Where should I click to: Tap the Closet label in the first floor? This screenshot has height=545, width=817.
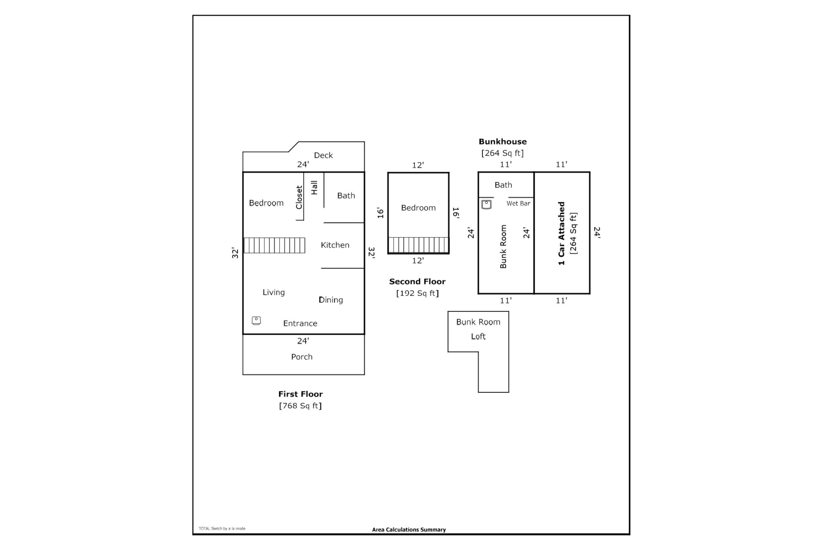pyautogui.click(x=299, y=197)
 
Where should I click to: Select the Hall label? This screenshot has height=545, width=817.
pyautogui.click(x=314, y=187)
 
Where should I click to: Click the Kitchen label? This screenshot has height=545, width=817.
pyautogui.click(x=335, y=245)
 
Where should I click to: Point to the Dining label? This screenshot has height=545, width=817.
pyautogui.click(x=331, y=299)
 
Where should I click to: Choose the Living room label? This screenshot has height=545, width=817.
pyautogui.click(x=274, y=292)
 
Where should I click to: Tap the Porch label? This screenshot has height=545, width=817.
pyautogui.click(x=302, y=357)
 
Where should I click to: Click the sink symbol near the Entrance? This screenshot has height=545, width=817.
pyautogui.click(x=256, y=320)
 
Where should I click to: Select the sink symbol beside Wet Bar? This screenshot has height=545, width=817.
pyautogui.click(x=486, y=204)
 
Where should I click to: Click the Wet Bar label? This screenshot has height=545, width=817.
pyautogui.click(x=518, y=204)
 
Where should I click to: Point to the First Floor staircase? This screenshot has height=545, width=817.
pyautogui.click(x=275, y=246)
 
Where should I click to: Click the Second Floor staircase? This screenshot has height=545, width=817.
pyautogui.click(x=419, y=245)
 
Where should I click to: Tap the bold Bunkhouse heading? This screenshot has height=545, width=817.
pyautogui.click(x=503, y=141)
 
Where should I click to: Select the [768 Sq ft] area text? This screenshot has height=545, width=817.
pyautogui.click(x=300, y=406)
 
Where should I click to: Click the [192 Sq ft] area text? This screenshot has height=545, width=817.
pyautogui.click(x=417, y=293)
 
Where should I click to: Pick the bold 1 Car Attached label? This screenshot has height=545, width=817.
pyautogui.click(x=561, y=233)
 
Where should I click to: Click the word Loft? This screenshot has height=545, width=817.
pyautogui.click(x=478, y=337)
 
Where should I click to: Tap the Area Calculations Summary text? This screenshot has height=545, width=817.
pyautogui.click(x=409, y=530)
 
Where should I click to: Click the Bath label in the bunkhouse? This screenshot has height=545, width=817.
pyautogui.click(x=503, y=185)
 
